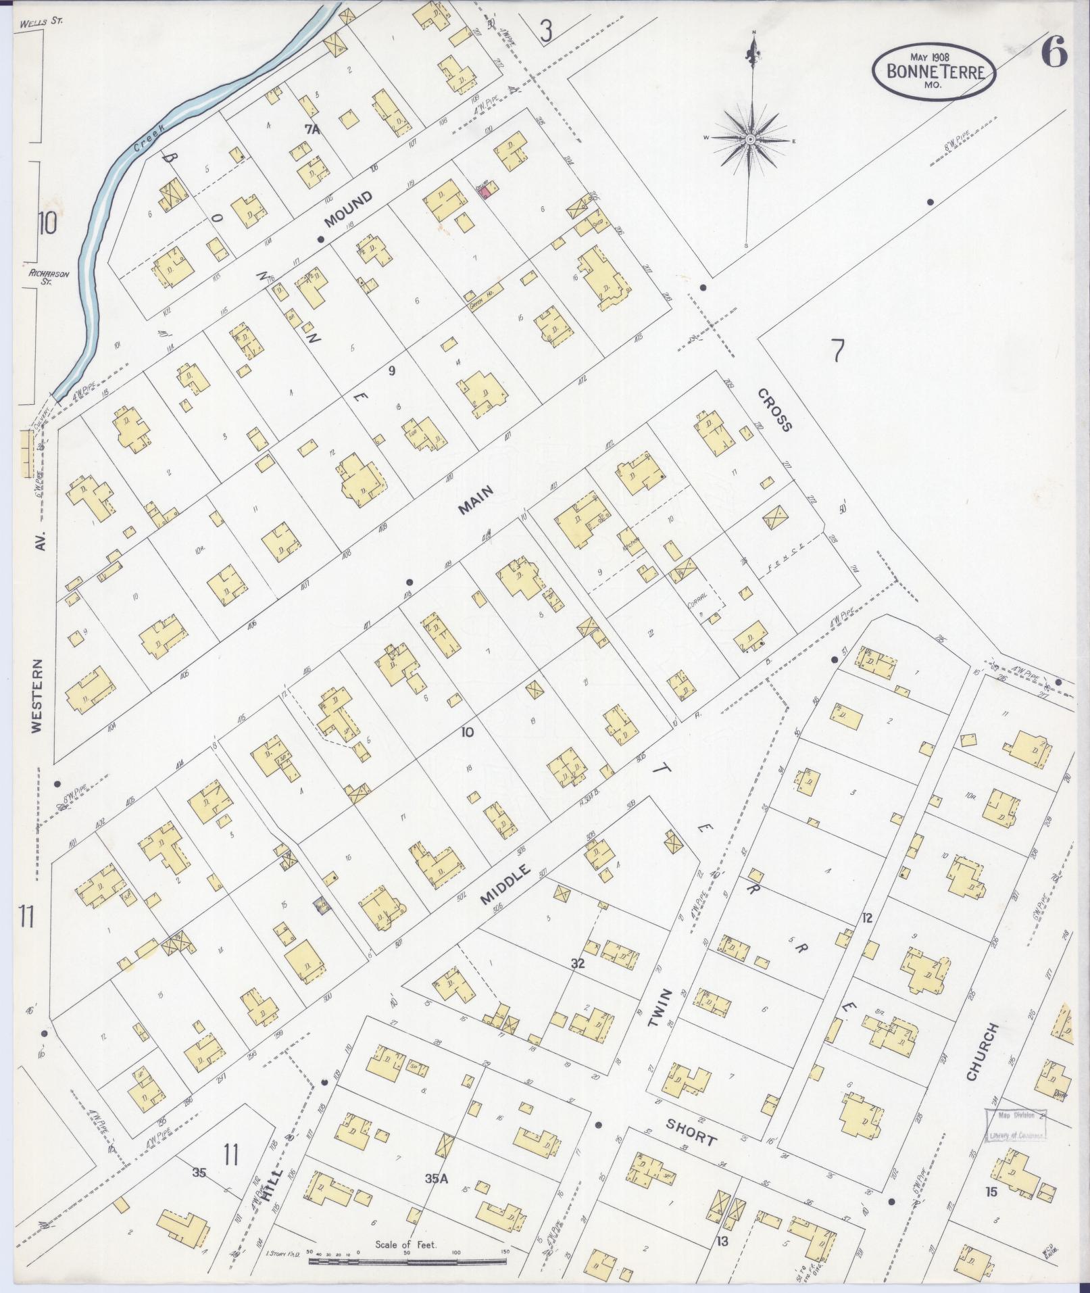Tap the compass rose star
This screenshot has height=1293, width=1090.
tap(750, 140)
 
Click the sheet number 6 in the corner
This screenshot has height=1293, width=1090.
tap(1053, 53)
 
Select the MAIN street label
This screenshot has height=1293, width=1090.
tap(476, 501)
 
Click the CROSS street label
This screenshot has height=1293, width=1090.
tap(773, 410)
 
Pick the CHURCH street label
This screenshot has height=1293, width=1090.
tap(982, 1052)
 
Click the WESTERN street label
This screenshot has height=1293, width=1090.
tap(36, 696)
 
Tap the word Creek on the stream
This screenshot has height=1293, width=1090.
tap(145, 137)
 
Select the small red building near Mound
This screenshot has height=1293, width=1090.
tap(485, 193)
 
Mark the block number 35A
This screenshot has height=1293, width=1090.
tap(437, 1179)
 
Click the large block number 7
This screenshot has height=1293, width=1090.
tap(837, 351)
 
